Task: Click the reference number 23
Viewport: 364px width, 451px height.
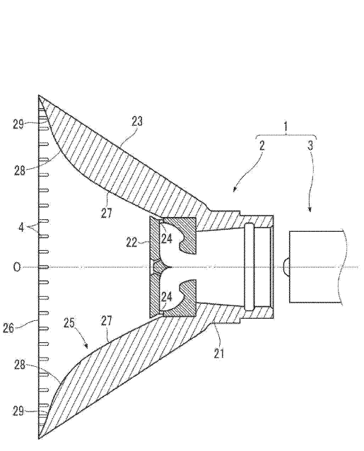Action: [x=137, y=122]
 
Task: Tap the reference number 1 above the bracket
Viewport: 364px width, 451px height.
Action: [x=286, y=127]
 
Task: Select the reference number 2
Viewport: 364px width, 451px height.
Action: [x=262, y=146]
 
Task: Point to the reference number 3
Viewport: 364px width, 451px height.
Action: [x=310, y=146]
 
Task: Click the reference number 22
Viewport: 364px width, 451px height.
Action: [x=131, y=242]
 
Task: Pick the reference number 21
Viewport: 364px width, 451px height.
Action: [x=219, y=353]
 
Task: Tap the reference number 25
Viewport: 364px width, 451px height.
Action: [x=69, y=323]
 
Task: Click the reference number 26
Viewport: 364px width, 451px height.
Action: [x=8, y=328]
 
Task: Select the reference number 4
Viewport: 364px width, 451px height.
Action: [x=21, y=228]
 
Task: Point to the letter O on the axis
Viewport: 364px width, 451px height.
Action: [x=17, y=267]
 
